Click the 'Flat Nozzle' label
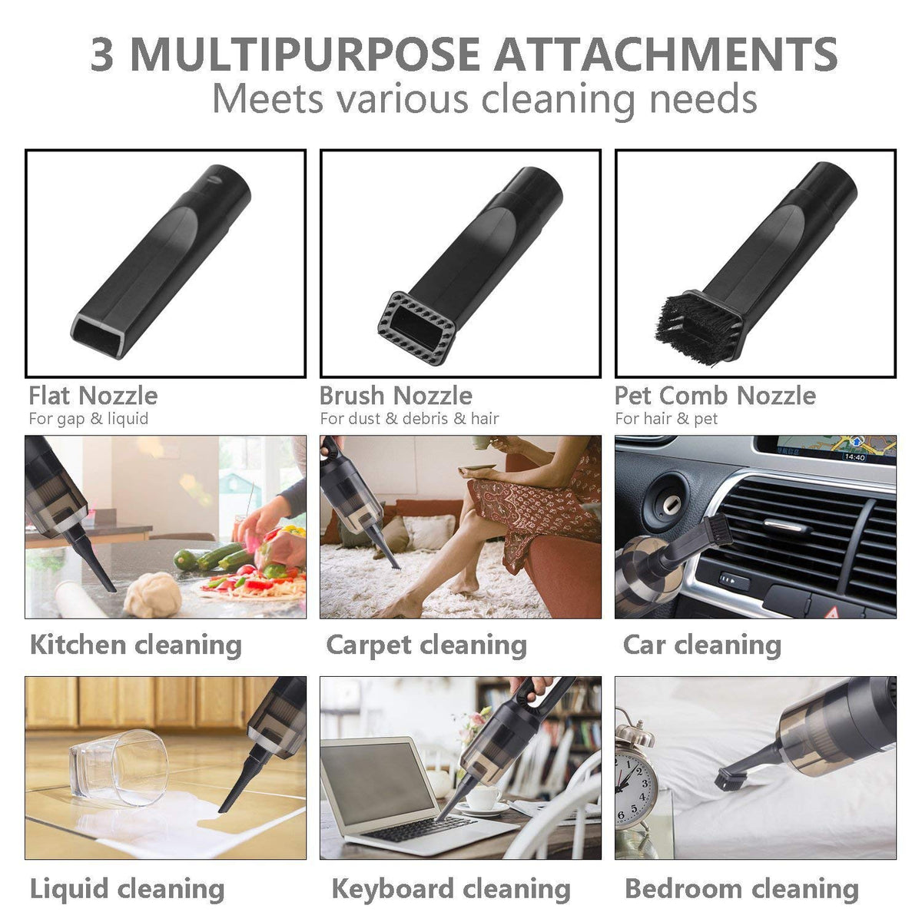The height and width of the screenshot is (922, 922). pos(93,396)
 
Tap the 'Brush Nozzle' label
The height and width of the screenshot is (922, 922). pos(396,396)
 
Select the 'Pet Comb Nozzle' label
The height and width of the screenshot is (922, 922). pos(715,396)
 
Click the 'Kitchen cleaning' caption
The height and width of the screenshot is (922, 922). pos(135,644)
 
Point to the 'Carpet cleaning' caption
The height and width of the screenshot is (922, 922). pos(426,645)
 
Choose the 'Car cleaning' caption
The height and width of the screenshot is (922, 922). pos(701,644)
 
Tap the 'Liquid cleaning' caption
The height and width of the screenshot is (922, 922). pos(127,889)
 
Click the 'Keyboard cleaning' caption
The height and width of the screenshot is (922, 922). pos(451,889)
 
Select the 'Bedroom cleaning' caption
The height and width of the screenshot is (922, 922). pos(741,889)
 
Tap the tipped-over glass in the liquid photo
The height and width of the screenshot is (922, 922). pos(118,764)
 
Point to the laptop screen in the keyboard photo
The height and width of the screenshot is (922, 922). pos(377,781)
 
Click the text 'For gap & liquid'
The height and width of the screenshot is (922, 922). pos(88,419)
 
